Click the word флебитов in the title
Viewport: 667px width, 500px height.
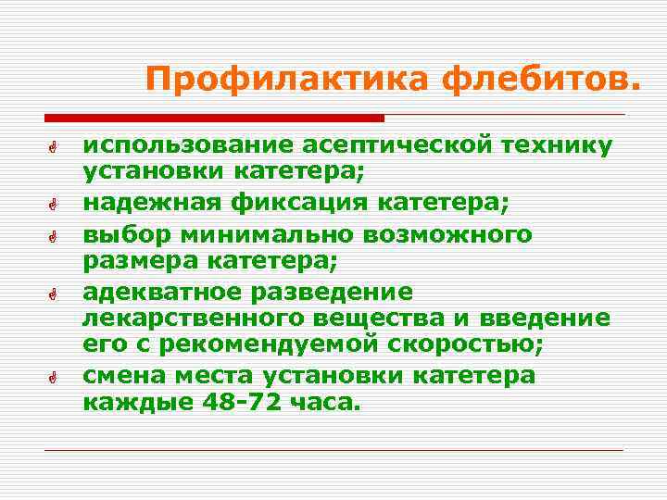[x=539, y=81]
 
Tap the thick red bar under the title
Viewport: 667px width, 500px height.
[x=214, y=119]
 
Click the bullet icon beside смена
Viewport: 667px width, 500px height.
[x=56, y=378]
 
